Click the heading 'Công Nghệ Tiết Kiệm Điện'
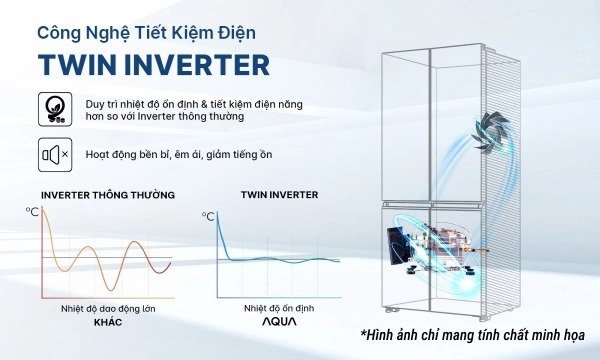tap(146, 32)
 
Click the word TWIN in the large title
tap(76, 64)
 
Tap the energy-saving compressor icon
tap(53, 109)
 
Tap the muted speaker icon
tap(53, 155)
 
